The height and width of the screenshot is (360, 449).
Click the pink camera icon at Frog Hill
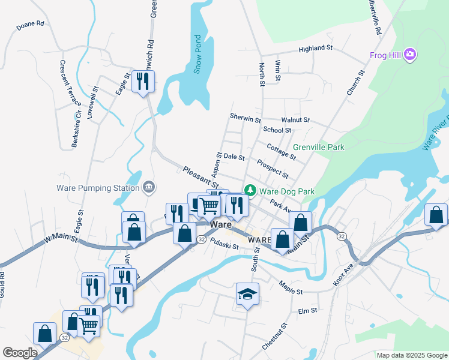[x=410, y=55]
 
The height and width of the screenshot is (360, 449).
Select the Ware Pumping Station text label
[x=98, y=188]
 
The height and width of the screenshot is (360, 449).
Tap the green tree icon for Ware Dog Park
[x=250, y=191]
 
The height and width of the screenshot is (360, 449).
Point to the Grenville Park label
[x=319, y=147]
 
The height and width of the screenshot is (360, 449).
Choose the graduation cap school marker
[x=247, y=295]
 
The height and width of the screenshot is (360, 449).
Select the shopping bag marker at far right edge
[x=436, y=215]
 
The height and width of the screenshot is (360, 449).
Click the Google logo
[x=20, y=353]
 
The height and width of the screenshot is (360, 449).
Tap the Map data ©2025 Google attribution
[x=412, y=355]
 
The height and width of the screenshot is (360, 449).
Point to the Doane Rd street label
[x=31, y=24]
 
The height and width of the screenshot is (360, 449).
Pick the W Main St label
[x=61, y=239]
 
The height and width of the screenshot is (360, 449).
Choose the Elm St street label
[x=307, y=311]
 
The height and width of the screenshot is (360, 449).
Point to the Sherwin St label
[x=244, y=118]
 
